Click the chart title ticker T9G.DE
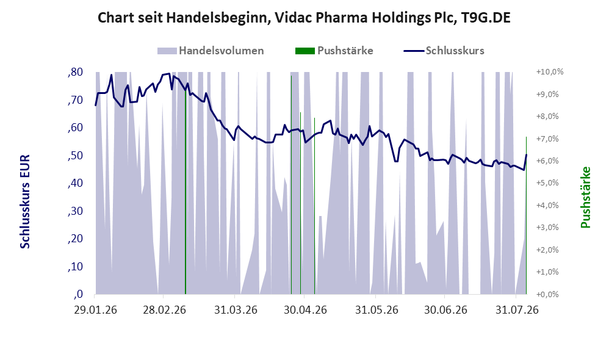point(486,18)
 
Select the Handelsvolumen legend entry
point(211,51)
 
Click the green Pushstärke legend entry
point(334,51)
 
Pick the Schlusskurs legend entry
point(444,51)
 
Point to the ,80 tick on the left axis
point(75,72)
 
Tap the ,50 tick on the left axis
point(75,156)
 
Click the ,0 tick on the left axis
point(78,294)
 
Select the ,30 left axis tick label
point(75,211)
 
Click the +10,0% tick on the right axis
point(550,72)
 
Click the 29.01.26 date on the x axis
point(96,310)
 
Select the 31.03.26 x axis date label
point(236,310)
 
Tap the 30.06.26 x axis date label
point(445,310)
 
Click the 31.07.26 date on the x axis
point(517,310)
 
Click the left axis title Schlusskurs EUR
point(25,201)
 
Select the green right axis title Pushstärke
point(585,197)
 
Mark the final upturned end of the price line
point(526,155)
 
